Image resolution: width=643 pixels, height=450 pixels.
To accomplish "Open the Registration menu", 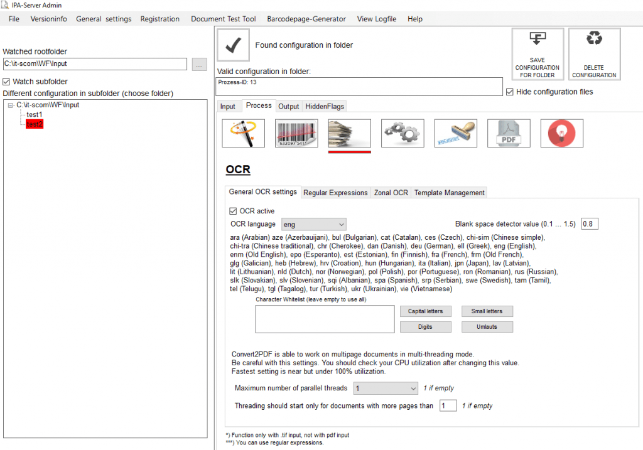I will (159, 19).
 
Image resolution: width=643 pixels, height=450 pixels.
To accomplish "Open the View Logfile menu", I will (376, 19).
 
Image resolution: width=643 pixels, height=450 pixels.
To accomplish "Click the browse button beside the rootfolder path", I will (199, 64).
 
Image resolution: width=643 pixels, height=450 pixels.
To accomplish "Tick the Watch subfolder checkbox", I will (7, 82).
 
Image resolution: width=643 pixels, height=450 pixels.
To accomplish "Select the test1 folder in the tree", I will (35, 115).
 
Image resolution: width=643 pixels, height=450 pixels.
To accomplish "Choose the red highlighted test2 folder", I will (35, 124).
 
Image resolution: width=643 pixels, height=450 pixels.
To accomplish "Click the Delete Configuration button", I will (594, 55).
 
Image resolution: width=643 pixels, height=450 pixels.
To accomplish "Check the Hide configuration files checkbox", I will (510, 92).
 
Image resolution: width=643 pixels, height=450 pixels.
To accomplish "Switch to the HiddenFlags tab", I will (325, 106).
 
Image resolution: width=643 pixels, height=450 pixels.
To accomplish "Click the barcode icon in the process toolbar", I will (296, 133).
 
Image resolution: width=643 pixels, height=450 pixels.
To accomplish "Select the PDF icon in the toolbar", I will (509, 133).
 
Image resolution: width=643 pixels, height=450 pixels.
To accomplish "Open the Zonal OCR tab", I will (391, 193).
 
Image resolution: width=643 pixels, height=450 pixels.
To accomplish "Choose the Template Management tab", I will (449, 193).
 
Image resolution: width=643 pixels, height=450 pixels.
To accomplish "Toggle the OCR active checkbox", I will (234, 211).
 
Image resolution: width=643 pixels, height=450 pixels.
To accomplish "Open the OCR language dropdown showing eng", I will (313, 224).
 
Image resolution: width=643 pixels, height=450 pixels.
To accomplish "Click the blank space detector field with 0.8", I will (590, 224).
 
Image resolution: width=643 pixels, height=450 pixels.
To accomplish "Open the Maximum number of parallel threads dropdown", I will (385, 388).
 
